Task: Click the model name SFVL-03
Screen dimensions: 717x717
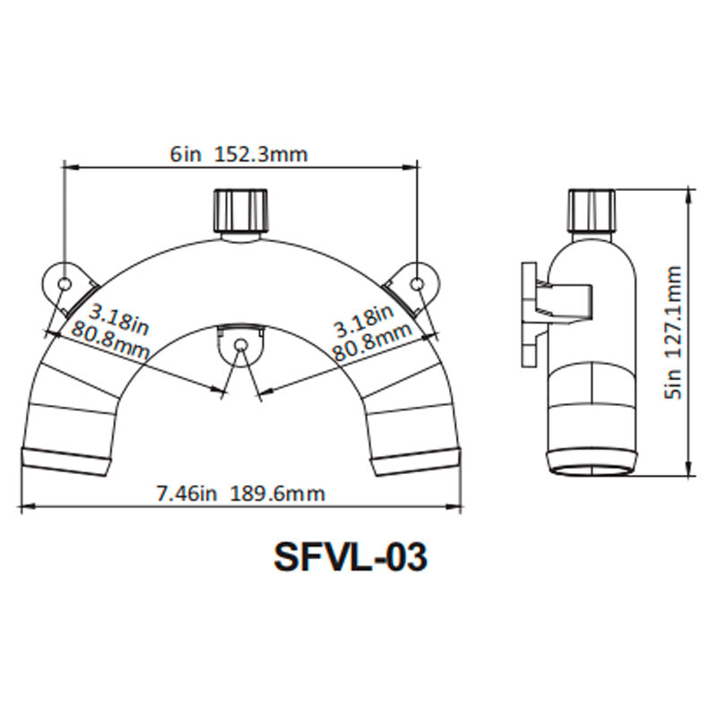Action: click(x=350, y=557)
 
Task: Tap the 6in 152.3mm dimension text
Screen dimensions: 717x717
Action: click(x=238, y=154)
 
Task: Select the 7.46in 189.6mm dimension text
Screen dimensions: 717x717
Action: click(x=240, y=494)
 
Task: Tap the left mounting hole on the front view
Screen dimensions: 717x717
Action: click(x=65, y=283)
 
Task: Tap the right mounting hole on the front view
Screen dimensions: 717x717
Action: click(x=417, y=283)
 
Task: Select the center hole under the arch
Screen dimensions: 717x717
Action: click(x=239, y=346)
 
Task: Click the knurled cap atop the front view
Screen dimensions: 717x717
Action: click(x=239, y=210)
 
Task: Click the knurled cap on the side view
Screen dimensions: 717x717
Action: click(x=592, y=210)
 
